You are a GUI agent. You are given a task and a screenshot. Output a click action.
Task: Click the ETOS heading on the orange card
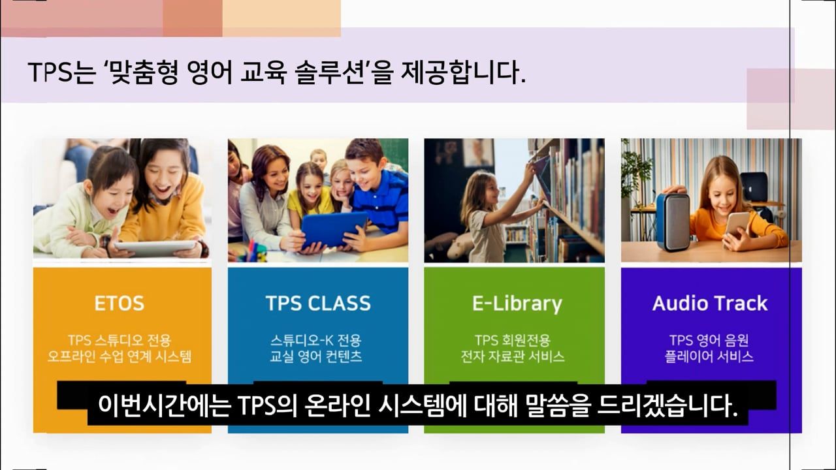click(119, 303)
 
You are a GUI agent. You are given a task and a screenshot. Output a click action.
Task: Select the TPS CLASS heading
click(318, 303)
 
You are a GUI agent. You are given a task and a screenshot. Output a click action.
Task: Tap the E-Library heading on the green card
click(517, 304)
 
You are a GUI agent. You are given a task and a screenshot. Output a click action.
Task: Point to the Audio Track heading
click(710, 303)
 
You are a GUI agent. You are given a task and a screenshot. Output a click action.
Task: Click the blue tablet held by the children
click(334, 229)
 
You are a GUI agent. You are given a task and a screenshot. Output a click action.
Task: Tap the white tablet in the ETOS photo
click(155, 247)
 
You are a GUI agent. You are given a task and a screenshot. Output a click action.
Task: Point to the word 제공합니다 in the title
click(463, 72)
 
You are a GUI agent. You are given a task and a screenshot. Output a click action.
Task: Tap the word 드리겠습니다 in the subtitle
click(667, 405)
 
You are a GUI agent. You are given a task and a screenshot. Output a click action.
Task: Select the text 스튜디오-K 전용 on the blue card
click(315, 340)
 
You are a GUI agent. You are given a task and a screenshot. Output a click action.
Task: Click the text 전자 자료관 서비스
click(513, 356)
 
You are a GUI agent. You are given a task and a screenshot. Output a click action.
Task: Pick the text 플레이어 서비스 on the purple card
click(709, 356)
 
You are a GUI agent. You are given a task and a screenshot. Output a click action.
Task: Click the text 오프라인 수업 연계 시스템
click(120, 356)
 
